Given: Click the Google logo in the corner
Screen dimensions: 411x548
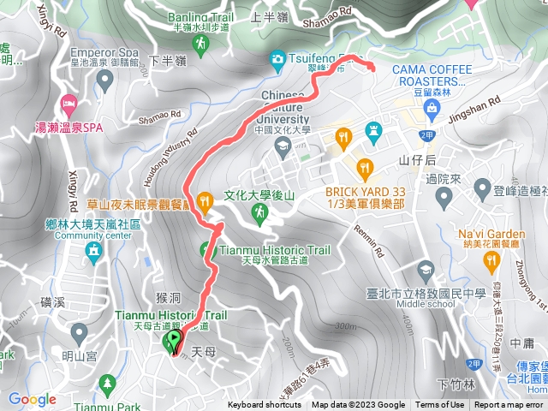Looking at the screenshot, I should (x=32, y=399).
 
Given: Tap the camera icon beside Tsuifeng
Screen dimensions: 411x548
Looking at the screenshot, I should (x=277, y=59).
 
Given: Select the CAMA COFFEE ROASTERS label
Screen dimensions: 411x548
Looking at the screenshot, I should (x=428, y=74).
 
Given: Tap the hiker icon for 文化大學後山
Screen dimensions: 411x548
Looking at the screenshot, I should (x=258, y=211).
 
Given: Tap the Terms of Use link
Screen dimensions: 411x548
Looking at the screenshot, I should (x=439, y=405).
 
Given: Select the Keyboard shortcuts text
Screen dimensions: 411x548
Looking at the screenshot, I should (x=264, y=405).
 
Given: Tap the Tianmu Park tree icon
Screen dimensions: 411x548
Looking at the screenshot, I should (x=106, y=383).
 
